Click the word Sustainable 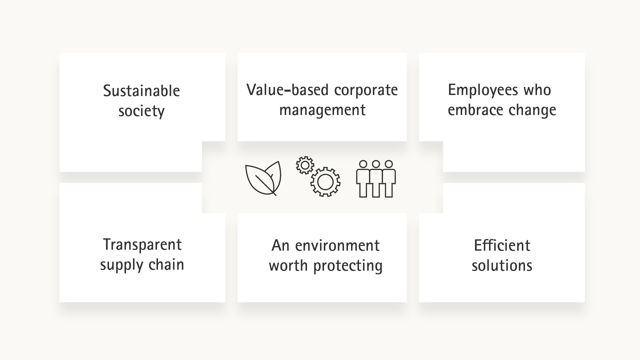(141, 91)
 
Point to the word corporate (366, 91)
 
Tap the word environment (337, 246)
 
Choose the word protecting (348, 266)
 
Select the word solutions (502, 266)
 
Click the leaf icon (263, 178)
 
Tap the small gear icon (305, 165)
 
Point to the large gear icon (325, 182)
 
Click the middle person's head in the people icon (376, 164)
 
